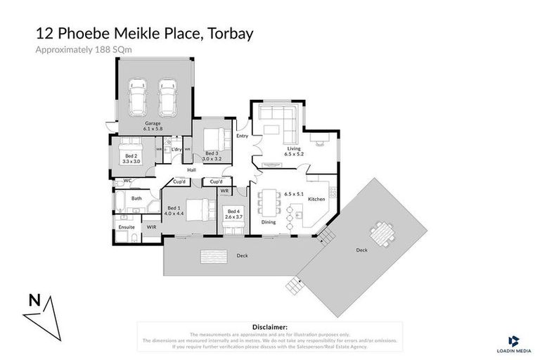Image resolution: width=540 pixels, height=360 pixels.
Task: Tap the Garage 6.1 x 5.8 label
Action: coord(153,127)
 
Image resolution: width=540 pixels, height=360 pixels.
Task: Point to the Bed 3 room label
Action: coord(213,156)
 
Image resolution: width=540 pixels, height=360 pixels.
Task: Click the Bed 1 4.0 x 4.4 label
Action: coord(173,209)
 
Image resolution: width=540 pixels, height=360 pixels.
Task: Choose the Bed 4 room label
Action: coord(233,214)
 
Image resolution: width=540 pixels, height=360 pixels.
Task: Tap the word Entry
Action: coord(243,136)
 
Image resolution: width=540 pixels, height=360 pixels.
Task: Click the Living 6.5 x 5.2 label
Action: coord(292,150)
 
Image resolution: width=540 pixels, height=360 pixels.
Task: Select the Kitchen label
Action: coord(317,200)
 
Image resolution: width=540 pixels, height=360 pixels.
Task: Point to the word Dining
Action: coord(269,222)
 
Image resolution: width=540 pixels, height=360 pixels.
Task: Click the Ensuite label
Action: coord(126,227)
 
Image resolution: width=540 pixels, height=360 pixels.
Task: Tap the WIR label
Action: coord(151,227)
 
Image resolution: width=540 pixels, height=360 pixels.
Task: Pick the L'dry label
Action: coord(176,149)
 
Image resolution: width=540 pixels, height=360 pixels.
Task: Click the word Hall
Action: coord(191,169)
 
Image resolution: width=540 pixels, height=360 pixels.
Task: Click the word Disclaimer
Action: coord(269,327)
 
